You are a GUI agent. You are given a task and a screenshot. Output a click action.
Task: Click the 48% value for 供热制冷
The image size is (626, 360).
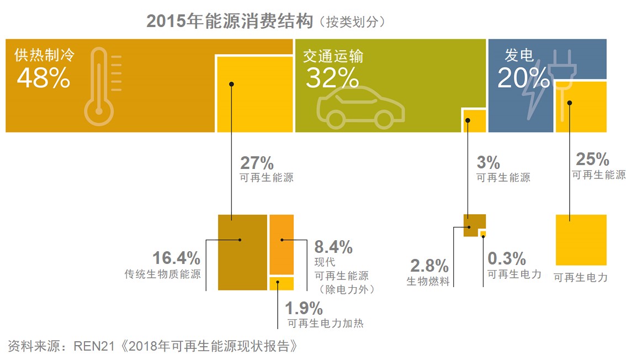point(43,79)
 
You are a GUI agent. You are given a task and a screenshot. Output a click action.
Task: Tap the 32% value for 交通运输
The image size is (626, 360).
point(332,79)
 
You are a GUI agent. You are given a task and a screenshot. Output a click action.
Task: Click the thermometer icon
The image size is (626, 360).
point(99,87)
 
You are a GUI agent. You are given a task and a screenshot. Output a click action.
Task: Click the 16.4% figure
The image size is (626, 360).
point(176,258)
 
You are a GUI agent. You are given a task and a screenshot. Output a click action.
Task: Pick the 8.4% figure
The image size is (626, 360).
point(333,246)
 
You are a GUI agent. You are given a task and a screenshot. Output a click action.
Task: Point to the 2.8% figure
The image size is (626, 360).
point(428,266)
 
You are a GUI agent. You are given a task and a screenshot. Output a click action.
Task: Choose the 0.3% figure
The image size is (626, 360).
point(506,258)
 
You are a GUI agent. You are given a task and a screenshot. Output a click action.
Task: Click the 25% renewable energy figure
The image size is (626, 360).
point(592,160)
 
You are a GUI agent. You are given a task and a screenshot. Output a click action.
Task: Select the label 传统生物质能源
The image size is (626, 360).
point(163,274)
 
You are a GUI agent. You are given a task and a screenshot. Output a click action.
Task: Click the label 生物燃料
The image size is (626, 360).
point(428,281)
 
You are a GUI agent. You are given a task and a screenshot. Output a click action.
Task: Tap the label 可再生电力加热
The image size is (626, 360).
point(326,324)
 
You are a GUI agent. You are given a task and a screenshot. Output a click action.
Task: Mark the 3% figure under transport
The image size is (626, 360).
point(488,163)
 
